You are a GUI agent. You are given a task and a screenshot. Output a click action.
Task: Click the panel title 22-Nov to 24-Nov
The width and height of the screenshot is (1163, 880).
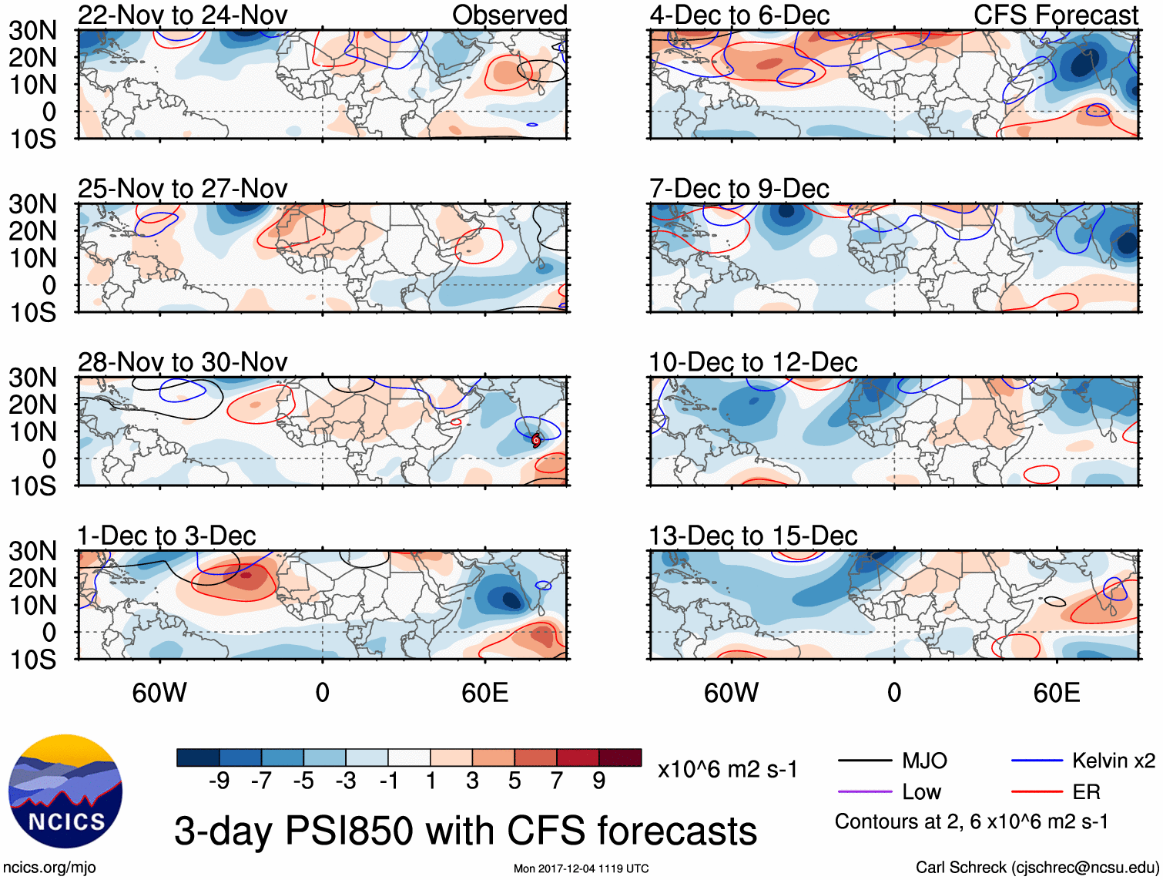pos(183,15)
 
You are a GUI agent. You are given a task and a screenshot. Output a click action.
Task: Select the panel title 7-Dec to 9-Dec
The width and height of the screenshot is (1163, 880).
pos(739,189)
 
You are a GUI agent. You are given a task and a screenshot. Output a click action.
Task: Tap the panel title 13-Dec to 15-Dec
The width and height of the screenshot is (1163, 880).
pos(752,536)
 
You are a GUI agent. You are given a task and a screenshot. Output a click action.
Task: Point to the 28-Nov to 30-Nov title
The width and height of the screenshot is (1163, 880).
pos(183,362)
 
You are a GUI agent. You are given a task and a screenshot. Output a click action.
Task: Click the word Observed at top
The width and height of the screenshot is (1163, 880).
pos(509,15)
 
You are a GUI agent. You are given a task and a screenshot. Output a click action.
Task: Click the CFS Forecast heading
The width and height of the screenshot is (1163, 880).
pos(1055,15)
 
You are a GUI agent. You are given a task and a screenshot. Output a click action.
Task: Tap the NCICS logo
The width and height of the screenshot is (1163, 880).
pos(65,791)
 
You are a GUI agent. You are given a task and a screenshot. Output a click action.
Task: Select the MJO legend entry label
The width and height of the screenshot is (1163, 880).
pos(924,761)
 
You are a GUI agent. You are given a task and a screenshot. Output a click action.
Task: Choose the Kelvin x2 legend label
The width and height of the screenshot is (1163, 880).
pos(1113,761)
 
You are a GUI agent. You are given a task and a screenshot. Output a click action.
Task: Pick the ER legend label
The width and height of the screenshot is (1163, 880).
pos(1086,792)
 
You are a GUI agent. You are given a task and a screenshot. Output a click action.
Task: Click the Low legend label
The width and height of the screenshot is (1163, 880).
pos(921,792)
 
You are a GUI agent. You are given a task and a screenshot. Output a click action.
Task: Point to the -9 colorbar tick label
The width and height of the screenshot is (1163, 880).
pos(219,781)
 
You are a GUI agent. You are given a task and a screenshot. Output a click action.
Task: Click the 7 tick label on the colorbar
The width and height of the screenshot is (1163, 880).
pos(557,781)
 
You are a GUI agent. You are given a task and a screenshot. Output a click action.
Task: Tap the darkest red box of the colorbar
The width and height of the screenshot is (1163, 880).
pos(620,757)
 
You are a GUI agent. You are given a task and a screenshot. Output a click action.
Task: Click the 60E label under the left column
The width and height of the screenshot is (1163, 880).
pos(484,693)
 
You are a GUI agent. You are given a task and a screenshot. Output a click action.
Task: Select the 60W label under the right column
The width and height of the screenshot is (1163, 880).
pos(731,693)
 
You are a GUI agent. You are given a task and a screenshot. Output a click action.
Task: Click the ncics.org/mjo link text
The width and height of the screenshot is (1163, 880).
pos(49,868)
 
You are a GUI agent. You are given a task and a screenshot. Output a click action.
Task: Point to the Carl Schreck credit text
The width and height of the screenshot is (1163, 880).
pos(1037,868)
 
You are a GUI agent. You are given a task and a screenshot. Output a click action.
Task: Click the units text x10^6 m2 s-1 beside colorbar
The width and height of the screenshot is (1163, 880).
pos(727,769)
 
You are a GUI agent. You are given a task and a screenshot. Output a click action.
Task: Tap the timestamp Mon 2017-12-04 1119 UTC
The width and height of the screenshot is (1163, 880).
pos(581,869)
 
